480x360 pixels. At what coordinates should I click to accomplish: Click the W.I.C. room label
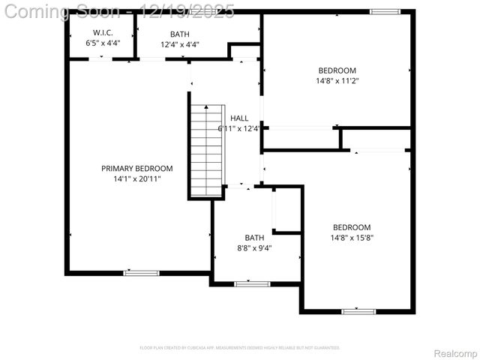coord(102,33)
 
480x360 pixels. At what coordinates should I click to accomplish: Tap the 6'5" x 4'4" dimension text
coord(102,44)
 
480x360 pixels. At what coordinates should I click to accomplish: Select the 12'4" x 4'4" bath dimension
coord(180,44)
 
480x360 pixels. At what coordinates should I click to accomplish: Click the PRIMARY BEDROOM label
coord(137,169)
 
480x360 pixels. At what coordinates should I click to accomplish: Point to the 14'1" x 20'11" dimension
coord(137,179)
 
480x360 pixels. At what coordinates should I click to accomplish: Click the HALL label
coord(239,118)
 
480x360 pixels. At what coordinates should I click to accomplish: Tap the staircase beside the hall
coord(206,150)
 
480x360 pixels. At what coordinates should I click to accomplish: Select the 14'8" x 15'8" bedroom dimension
coord(352,238)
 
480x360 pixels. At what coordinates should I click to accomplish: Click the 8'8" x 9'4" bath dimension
coord(254,248)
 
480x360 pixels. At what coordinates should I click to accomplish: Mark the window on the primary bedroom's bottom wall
coord(141,273)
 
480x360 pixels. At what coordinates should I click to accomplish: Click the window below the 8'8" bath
coord(252,284)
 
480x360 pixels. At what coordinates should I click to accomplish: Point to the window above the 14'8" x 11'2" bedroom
coord(385,12)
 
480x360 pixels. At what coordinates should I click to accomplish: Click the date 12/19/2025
coord(187,11)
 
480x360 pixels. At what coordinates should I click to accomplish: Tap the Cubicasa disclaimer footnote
coord(240,348)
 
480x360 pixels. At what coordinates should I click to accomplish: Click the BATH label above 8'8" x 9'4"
coord(254,238)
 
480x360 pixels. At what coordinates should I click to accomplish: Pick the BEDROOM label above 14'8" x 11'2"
coord(337,70)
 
